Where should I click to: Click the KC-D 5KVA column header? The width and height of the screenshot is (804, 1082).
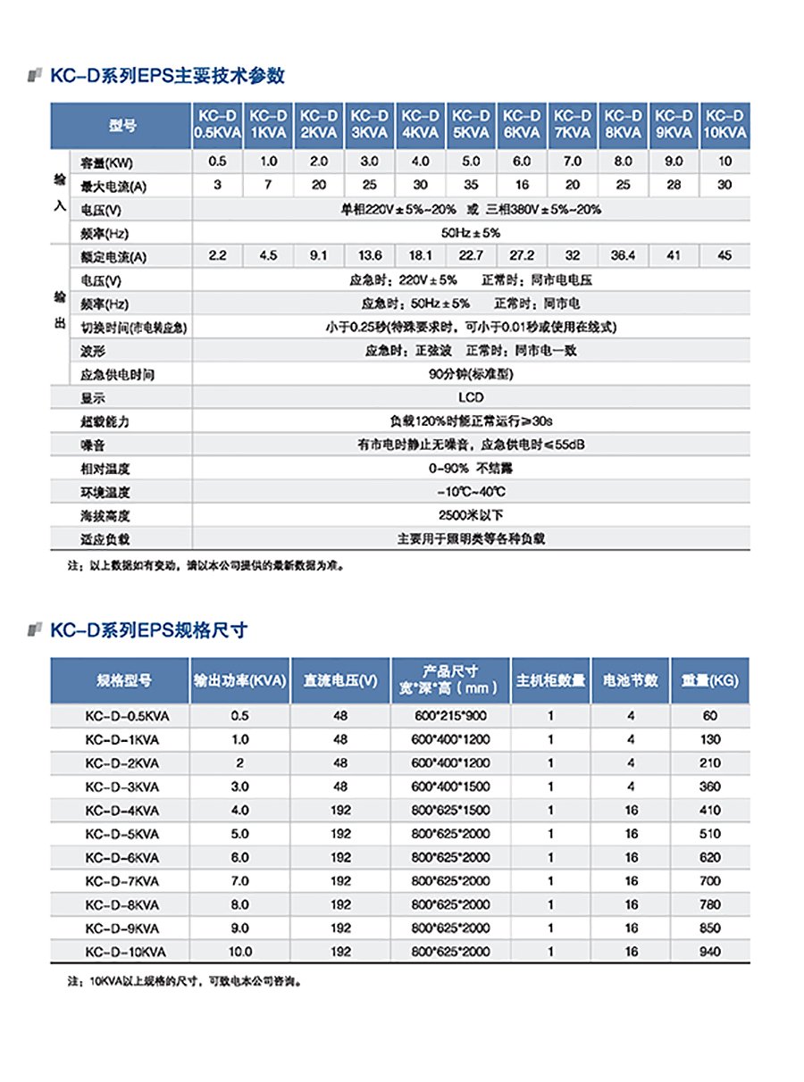471,125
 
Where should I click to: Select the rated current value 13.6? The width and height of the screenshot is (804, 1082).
369,255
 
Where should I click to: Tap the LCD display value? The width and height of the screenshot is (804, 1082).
471,397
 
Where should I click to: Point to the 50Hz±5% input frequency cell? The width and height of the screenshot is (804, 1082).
471,232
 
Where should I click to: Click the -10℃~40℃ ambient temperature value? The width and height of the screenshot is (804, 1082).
471,492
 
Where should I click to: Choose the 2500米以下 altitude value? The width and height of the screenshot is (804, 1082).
471,515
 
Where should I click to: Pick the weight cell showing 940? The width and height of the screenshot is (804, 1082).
709,952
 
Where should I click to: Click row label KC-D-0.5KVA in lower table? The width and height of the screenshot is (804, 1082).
121,716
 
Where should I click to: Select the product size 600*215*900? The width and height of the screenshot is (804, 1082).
450,716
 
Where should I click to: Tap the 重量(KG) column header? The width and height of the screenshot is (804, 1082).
709,680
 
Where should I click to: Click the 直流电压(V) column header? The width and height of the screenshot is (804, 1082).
340,680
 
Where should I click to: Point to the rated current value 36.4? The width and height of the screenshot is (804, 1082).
623,255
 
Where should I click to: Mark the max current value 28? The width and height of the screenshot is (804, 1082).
674,185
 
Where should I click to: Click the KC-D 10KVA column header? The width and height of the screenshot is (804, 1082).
724,125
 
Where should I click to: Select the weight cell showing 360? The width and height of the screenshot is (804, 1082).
709,787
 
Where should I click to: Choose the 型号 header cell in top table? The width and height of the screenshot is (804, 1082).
122,125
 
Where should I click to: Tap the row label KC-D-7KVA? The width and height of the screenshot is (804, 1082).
121,881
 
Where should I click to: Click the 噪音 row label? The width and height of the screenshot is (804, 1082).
93,445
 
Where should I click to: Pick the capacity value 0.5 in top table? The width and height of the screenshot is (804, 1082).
217,162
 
